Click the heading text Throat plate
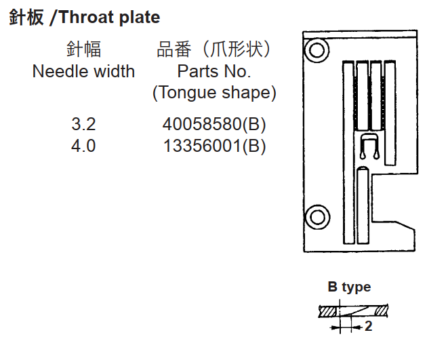[x=109, y=17]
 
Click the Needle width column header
[x=83, y=71]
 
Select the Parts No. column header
[x=214, y=71]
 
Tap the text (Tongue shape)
[x=214, y=93]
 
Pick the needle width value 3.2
[x=83, y=124]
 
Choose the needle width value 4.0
[x=83, y=146]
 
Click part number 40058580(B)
[x=214, y=124]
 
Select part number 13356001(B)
[x=214, y=146]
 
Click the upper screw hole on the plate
[x=316, y=50]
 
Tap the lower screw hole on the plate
[x=317, y=218]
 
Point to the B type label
[x=350, y=287]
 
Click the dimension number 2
[x=368, y=326]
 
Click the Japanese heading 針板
[x=26, y=17]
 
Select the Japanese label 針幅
[x=84, y=49]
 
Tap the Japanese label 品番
[x=173, y=49]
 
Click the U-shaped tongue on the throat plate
[x=369, y=146]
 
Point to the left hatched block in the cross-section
[x=328, y=312]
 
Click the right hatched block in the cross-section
[x=381, y=311]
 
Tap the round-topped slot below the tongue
[x=363, y=205]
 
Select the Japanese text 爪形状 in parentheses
[x=236, y=49]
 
